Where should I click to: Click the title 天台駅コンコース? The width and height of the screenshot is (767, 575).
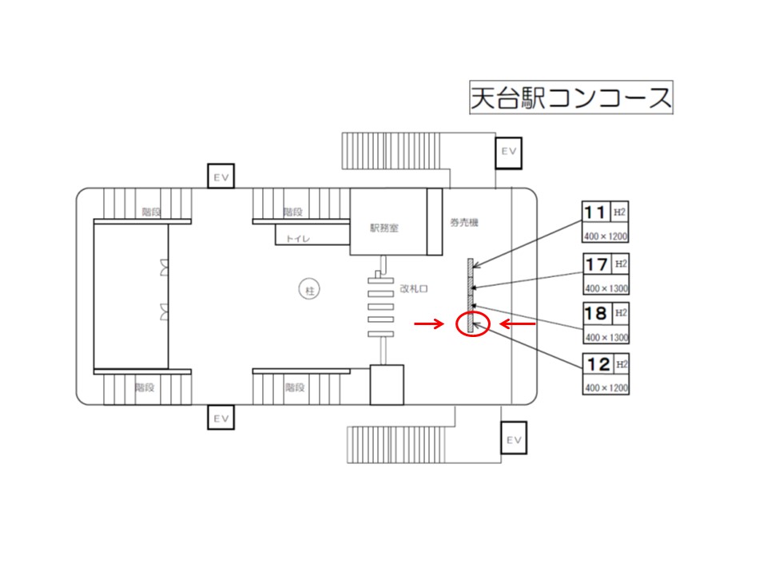pos(570,97)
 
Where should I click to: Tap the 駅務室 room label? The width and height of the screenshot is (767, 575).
pos(384,228)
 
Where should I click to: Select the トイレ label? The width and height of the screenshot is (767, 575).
pos(298,239)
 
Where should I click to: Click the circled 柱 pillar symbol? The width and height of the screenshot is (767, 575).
pos(309,290)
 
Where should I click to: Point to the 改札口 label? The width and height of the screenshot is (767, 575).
pos(414,288)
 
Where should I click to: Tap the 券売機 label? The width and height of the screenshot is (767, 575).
pos(463,223)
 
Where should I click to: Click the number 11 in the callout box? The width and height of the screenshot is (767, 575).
pos(594,212)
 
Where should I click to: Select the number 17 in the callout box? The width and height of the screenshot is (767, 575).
pos(596,264)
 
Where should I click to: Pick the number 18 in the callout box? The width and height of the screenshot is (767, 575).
pos(596,313)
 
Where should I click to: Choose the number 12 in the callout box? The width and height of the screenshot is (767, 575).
pos(598,364)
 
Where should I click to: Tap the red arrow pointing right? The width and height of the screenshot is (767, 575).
pos(429,323)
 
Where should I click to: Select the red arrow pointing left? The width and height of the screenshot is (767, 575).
pos(517,323)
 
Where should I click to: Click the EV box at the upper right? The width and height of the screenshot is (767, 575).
pos(509,153)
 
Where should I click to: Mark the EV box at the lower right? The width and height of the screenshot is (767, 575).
pos(514,438)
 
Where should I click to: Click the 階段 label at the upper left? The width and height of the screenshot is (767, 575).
pos(151,212)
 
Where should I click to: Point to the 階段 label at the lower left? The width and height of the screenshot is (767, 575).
pos(145,387)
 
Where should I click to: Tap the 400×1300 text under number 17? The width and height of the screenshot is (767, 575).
pos(606,288)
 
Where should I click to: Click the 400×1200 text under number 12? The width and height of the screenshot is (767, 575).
pos(606,388)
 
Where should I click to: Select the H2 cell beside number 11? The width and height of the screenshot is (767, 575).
pos(619,212)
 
